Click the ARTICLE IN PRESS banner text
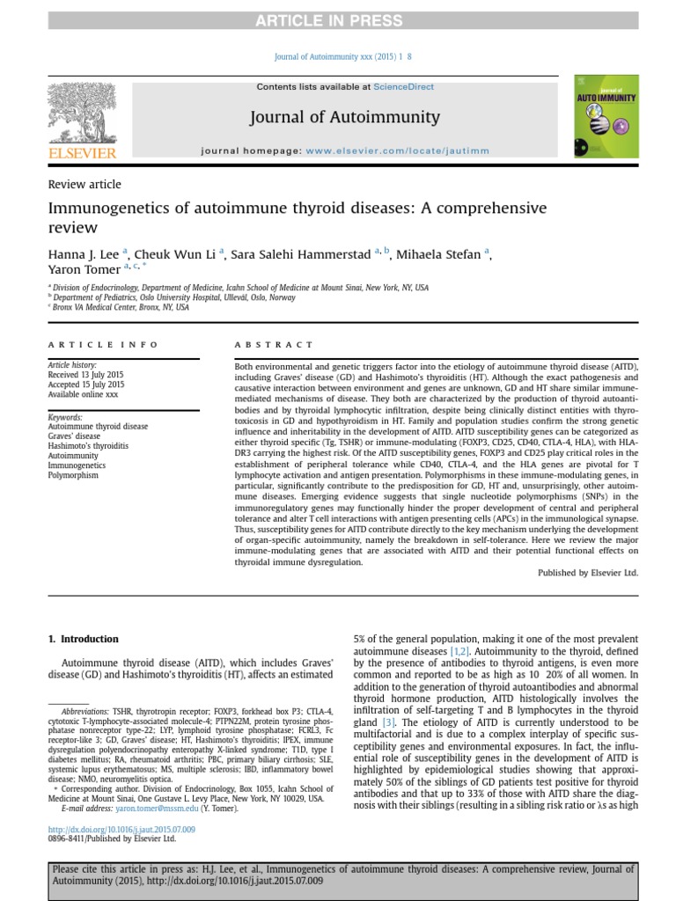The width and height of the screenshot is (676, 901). [338, 20]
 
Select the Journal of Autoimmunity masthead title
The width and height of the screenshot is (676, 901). [345, 117]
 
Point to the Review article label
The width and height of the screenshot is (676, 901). [84, 185]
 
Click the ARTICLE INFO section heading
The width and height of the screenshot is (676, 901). [103, 345]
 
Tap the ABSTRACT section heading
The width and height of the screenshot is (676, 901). [273, 345]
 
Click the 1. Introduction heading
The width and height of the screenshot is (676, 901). [84, 639]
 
